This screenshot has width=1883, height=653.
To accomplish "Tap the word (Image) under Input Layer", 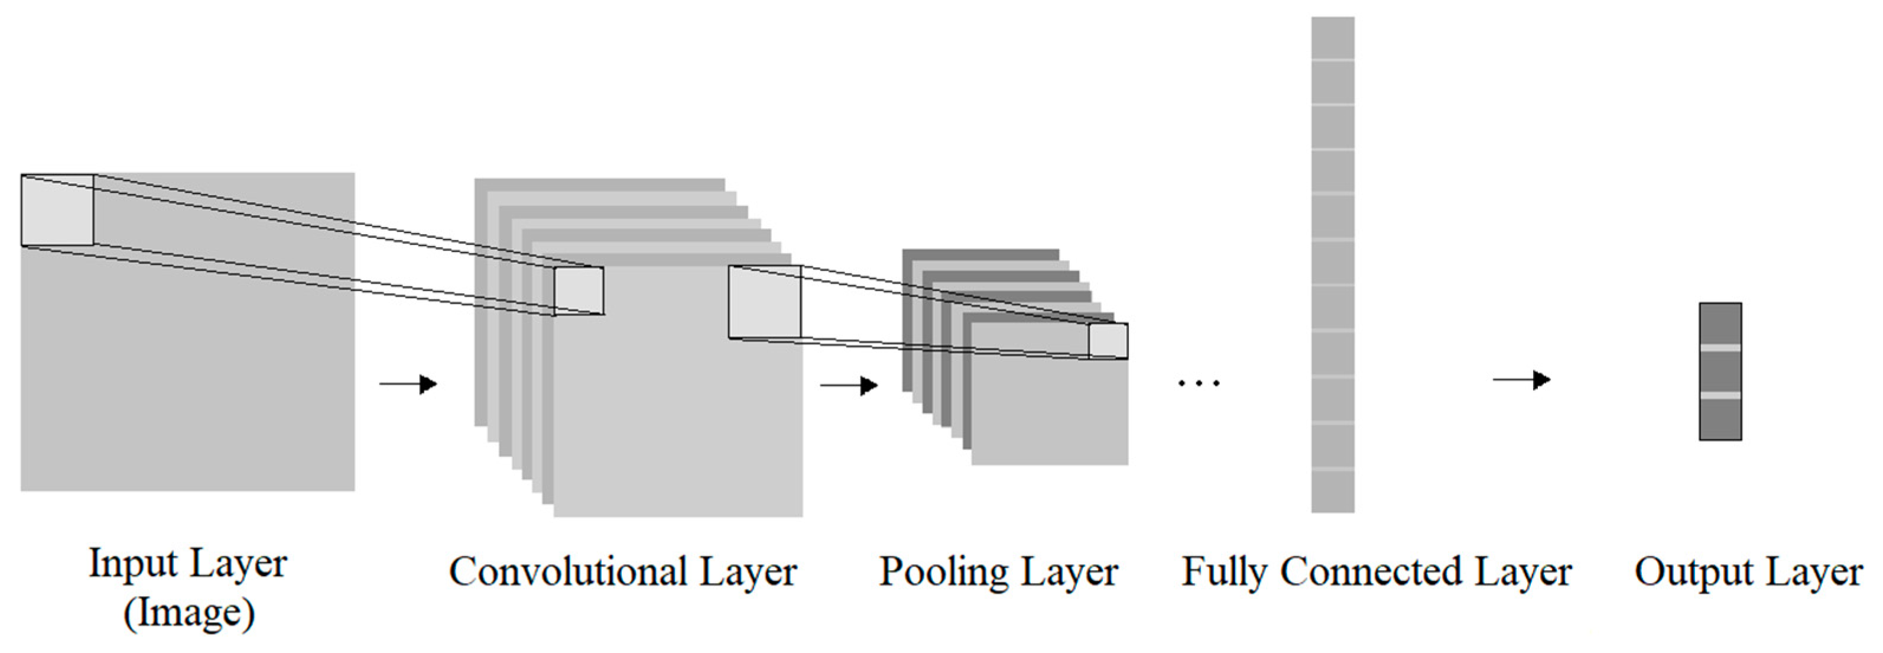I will pyautogui.click(x=189, y=613).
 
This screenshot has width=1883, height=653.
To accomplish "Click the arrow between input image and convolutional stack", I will pyautogui.click(x=408, y=384).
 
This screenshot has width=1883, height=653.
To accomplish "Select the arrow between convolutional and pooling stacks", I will pyautogui.click(x=849, y=386).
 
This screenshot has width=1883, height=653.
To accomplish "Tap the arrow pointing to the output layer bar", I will pyautogui.click(x=1521, y=380).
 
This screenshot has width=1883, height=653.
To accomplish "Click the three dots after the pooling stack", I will pyautogui.click(x=1199, y=383).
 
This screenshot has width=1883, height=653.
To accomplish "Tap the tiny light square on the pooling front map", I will pyautogui.click(x=1108, y=341).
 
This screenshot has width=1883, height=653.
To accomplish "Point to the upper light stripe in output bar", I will pyautogui.click(x=1720, y=347).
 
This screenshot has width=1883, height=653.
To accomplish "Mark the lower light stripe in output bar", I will pyautogui.click(x=1720, y=396).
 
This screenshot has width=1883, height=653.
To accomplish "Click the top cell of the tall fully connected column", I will pyautogui.click(x=1333, y=38).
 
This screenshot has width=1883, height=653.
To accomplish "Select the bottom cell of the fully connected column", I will pyautogui.click(x=1333, y=492).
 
